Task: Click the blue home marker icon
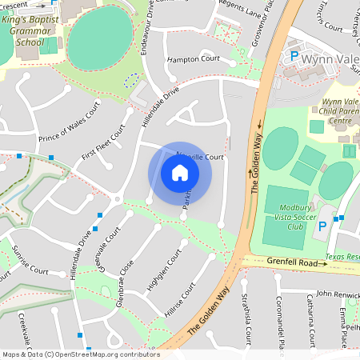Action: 180,173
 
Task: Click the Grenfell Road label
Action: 298,262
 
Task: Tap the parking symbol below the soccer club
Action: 322,226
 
